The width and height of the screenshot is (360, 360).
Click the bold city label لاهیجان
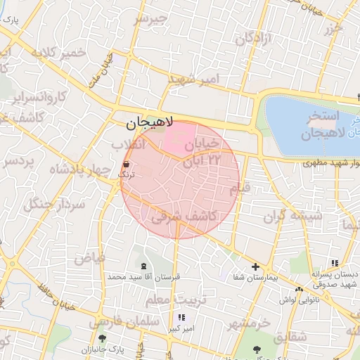point(145,124)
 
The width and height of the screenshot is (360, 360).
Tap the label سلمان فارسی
point(115,323)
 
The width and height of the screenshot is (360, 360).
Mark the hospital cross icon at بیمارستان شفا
point(255,266)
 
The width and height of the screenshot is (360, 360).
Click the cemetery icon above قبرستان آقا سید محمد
point(145,266)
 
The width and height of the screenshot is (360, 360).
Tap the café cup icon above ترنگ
point(126,163)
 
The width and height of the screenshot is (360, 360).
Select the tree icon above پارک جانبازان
point(103,338)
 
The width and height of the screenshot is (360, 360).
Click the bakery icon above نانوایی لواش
point(300,289)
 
